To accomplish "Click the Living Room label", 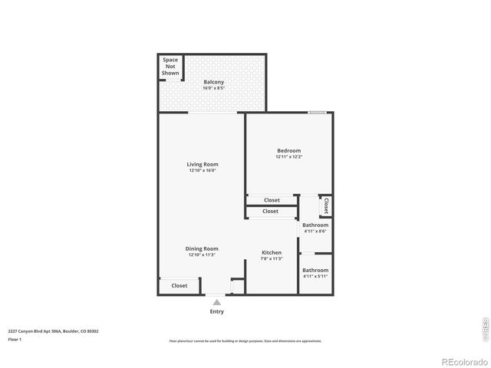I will click(x=203, y=164).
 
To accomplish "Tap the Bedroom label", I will click(x=288, y=150).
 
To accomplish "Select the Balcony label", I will click(x=214, y=81).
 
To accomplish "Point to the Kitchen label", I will click(x=272, y=252).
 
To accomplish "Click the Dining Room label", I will click(x=202, y=248).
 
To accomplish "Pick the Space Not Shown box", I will click(x=170, y=66).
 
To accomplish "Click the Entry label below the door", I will click(x=217, y=311).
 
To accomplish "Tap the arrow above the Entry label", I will click(x=217, y=301).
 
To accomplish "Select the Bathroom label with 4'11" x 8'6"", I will click(x=315, y=225).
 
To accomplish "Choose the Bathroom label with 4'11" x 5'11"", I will click(x=315, y=270).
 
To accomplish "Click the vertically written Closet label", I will click(x=326, y=205).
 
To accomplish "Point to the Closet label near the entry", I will click(x=179, y=285).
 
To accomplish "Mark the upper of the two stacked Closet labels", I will click(x=271, y=200).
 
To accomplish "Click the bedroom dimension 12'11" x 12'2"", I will click(x=288, y=157).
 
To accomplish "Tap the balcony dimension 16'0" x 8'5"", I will click(x=214, y=88).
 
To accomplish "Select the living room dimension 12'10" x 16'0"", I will click(x=203, y=171).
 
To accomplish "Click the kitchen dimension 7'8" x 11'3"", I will click(x=272, y=259).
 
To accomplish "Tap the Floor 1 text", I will click(x=15, y=339).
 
